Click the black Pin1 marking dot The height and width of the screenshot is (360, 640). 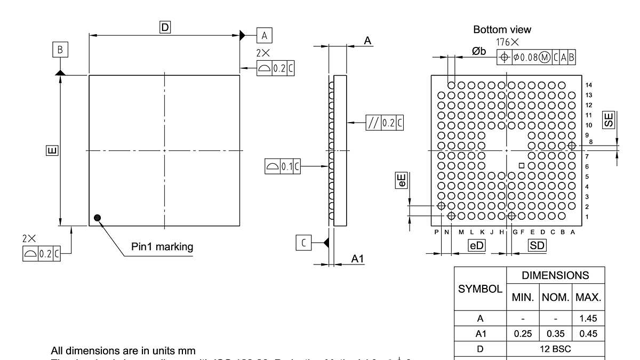97,217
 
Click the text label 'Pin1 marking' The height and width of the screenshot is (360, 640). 162,247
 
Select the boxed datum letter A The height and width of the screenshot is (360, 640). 264,35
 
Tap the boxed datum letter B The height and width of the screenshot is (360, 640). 60,50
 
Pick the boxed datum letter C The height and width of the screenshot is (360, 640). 303,243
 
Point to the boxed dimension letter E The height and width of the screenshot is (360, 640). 50,151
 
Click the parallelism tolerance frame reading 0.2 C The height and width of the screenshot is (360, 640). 384,123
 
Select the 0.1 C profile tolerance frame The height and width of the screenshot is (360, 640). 283,166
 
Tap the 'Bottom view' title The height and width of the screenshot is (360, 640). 502,29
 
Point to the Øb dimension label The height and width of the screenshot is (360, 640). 478,51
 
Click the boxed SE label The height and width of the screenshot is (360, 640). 608,119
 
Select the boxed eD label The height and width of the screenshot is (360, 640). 476,245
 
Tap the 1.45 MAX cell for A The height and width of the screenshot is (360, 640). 589,318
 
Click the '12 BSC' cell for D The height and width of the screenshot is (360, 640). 556,350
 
